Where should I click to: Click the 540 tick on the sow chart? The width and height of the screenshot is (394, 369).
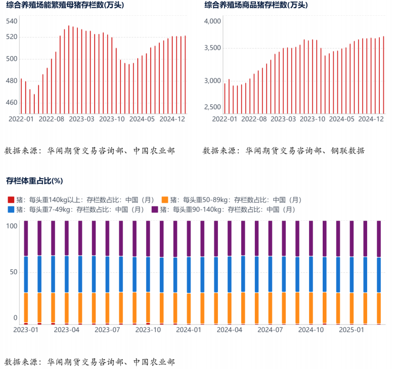[12, 21]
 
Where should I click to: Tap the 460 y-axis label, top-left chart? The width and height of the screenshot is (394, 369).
[12, 103]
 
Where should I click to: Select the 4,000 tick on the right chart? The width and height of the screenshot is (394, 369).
[212, 21]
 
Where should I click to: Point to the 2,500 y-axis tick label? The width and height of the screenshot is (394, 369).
[212, 107]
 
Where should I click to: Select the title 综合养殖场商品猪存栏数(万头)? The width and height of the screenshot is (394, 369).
[255, 5]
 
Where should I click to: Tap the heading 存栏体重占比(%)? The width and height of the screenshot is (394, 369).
[34, 181]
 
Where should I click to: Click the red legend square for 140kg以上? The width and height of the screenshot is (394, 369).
[11, 200]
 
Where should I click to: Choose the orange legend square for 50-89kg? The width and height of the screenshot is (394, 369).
[165, 200]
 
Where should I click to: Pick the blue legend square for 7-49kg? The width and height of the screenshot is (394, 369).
[11, 209]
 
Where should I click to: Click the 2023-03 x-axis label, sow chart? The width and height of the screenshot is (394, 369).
[81, 119]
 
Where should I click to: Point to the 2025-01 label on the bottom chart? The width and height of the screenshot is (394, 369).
[351, 330]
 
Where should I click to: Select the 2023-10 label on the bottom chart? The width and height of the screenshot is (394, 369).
[148, 330]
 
